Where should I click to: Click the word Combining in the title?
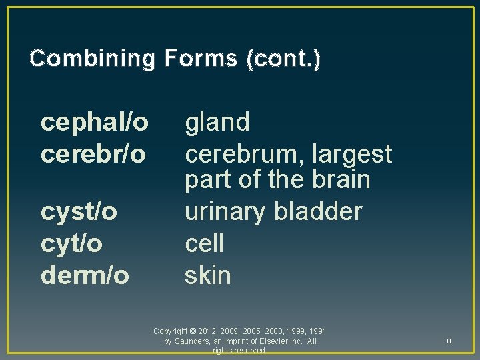click(92, 59)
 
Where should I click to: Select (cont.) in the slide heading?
click(283, 59)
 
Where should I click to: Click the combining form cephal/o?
click(95, 122)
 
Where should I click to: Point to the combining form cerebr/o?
click(93, 153)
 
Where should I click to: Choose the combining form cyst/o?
click(79, 212)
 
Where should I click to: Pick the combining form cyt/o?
click(72, 243)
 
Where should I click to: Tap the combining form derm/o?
click(85, 275)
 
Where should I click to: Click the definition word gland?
click(217, 122)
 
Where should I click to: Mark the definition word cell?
click(204, 243)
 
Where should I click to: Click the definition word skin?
click(207, 275)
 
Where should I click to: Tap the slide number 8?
click(449, 341)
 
